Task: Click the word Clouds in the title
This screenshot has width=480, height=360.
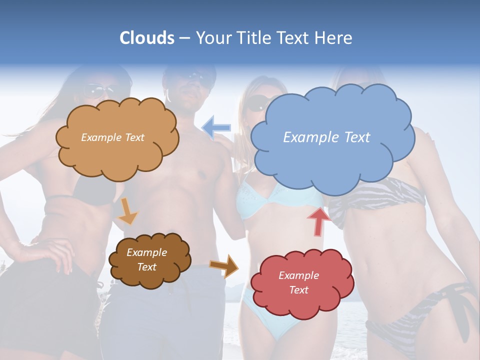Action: [x=147, y=38]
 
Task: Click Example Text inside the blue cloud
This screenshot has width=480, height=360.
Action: [x=326, y=137]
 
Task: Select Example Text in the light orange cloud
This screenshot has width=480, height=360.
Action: [x=112, y=137]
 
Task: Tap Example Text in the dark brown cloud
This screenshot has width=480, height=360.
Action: [x=147, y=260]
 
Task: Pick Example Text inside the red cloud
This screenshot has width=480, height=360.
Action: [x=298, y=282]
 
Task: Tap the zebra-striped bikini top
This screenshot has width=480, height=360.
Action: [x=380, y=197]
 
